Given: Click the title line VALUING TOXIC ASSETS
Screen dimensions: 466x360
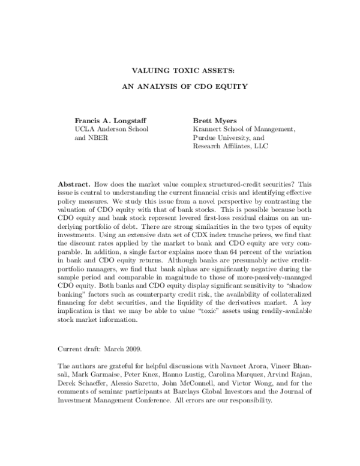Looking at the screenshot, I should pyautogui.click(x=179, y=70).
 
